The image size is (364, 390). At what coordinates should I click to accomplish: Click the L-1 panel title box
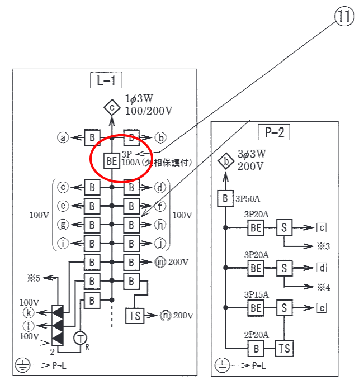(x=106, y=80)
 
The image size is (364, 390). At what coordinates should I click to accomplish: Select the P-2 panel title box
(x=274, y=132)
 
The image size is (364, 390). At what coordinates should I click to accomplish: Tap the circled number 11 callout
(x=344, y=16)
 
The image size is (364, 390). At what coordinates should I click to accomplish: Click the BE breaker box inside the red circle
(x=111, y=161)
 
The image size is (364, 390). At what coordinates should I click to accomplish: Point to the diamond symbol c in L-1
(x=112, y=107)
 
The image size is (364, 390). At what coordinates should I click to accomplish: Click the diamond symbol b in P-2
(x=226, y=161)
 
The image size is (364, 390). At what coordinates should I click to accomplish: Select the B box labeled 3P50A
(x=225, y=198)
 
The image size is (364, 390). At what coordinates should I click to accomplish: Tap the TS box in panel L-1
(x=135, y=316)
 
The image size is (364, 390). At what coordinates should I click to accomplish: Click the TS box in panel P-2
(x=285, y=349)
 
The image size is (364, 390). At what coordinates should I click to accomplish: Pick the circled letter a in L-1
(x=63, y=137)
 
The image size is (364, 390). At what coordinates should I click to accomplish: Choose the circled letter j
(x=160, y=244)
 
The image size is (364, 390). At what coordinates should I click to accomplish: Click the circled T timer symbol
(x=80, y=338)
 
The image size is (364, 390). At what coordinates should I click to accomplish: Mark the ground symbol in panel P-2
(x=222, y=365)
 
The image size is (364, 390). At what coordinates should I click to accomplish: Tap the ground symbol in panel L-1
(x=23, y=365)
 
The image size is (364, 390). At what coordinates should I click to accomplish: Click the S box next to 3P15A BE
(x=284, y=308)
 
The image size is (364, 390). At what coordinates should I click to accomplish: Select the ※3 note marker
(x=323, y=246)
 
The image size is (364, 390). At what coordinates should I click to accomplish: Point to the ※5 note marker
(x=34, y=278)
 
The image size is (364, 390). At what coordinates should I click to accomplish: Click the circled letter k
(x=29, y=313)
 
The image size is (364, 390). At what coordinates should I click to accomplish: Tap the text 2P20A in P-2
(x=256, y=335)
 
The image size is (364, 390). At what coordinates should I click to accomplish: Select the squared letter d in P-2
(x=322, y=268)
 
